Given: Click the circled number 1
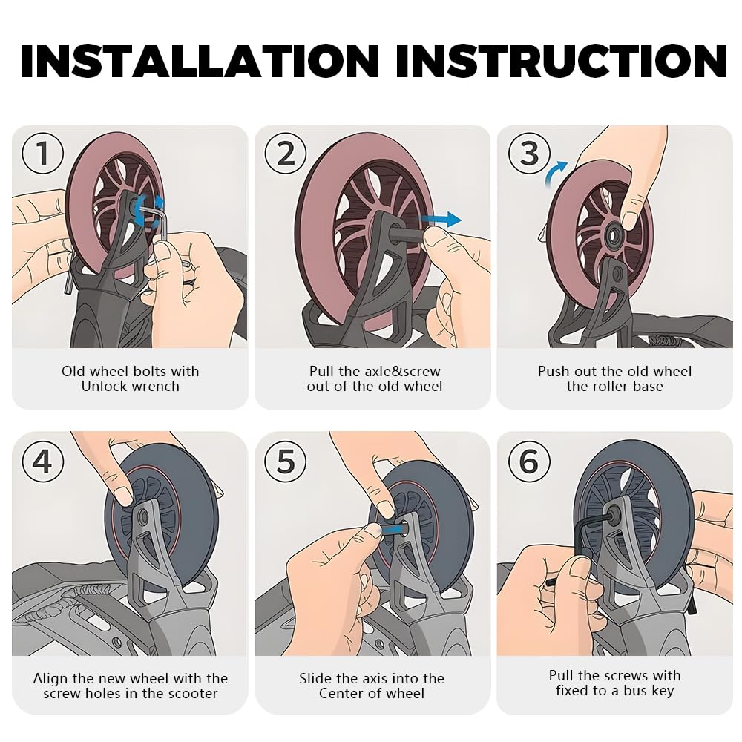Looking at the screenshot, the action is point(42,153).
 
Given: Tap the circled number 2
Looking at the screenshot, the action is point(286,153).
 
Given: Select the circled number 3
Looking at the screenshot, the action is point(529,153).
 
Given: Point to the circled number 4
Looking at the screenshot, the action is point(42,461).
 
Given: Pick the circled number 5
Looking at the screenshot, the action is point(286,461).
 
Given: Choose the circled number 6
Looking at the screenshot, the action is point(529,461).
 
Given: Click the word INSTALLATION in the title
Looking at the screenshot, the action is point(200,61).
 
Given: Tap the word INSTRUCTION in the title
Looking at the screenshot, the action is point(562,61).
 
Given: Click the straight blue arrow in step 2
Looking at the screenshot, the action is point(440,219).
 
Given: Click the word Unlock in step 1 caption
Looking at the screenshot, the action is point(105,386).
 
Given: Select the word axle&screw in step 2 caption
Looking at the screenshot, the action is point(403,372).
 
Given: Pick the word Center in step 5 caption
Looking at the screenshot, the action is point(341,694).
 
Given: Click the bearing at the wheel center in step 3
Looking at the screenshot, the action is point(614,234).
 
